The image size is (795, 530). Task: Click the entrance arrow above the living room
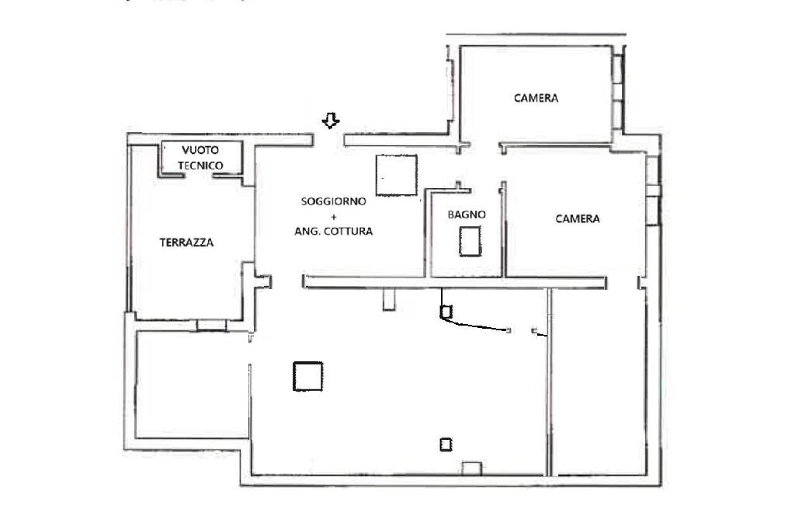pyautogui.click(x=332, y=120)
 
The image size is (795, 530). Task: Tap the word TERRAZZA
pyautogui.click(x=186, y=242)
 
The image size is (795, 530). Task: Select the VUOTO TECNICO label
pyautogui.click(x=201, y=157)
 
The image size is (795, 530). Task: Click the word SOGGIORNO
pyautogui.click(x=333, y=201)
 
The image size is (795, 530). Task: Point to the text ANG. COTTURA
pyautogui.click(x=333, y=232)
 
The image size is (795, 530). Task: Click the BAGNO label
pyautogui.click(x=467, y=214)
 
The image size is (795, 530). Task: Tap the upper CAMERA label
pyautogui.click(x=536, y=98)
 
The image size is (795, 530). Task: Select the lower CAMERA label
pyautogui.click(x=577, y=219)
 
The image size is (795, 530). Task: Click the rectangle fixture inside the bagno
pyautogui.click(x=469, y=240)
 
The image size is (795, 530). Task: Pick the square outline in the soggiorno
pyautogui.click(x=396, y=174)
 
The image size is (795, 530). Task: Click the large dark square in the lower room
pyautogui.click(x=308, y=376)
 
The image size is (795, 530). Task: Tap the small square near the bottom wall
pyautogui.click(x=446, y=445)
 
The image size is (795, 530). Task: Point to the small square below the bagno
pyautogui.click(x=446, y=312)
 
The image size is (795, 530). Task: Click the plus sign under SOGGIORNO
pyautogui.click(x=334, y=216)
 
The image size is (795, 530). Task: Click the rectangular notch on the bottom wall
pyautogui.click(x=471, y=468)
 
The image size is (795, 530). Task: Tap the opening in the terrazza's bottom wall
pyautogui.click(x=210, y=326)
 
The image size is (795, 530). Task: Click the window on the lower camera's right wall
pyautogui.click(x=655, y=190)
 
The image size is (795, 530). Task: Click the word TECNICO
pyautogui.click(x=201, y=166)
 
